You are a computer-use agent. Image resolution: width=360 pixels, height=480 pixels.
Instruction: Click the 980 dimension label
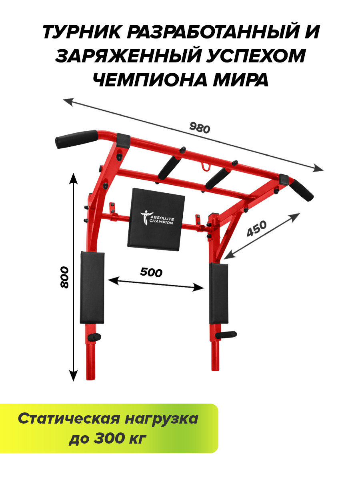click(199, 128)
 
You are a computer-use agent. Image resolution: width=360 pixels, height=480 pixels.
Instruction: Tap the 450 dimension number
click(257, 228)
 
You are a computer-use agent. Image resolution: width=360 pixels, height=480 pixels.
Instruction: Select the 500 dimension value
click(151, 272)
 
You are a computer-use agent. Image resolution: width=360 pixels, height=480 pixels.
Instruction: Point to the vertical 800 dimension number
click(64, 277)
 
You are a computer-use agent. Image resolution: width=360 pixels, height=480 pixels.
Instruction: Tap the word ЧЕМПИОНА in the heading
click(150, 80)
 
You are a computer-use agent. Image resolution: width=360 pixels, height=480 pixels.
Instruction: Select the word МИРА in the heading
click(241, 80)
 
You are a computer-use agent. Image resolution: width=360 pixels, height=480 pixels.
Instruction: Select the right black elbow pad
click(218, 294)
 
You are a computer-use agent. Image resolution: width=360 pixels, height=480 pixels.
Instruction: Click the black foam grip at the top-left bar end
click(77, 139)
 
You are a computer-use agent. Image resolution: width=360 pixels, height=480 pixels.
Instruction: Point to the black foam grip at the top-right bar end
click(302, 190)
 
